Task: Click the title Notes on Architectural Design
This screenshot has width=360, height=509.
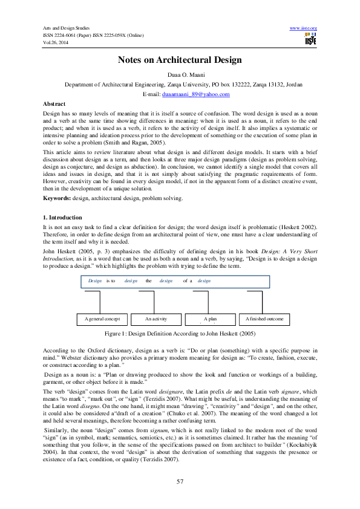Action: coord(180,60)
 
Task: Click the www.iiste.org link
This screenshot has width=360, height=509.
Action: coord(304,28)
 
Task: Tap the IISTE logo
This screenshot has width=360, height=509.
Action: coord(311,40)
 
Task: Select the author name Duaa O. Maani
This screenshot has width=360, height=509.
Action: coord(180,74)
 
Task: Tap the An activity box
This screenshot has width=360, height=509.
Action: coord(155,319)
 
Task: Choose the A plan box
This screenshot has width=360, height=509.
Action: coord(210,319)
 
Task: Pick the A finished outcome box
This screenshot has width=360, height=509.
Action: coord(264,319)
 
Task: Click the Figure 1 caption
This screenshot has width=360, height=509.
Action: coord(180,333)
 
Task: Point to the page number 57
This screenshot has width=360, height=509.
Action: coord(180,481)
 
